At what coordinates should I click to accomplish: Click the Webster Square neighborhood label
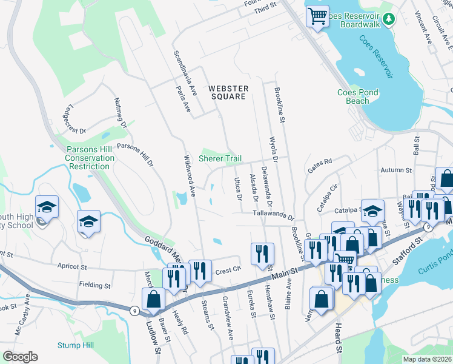click(x=227, y=92)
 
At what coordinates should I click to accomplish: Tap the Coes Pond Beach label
click(x=357, y=96)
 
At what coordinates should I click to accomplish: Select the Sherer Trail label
click(x=224, y=158)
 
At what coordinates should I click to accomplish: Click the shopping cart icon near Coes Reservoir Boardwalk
click(x=317, y=16)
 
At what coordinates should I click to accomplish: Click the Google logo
click(x=20, y=357)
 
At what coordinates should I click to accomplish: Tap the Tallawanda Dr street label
click(x=273, y=215)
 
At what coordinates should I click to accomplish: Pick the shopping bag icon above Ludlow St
click(x=153, y=298)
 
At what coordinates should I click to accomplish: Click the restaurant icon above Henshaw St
click(x=262, y=253)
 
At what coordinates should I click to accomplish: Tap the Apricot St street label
click(x=72, y=266)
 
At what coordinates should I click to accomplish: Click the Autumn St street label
click(x=396, y=172)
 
